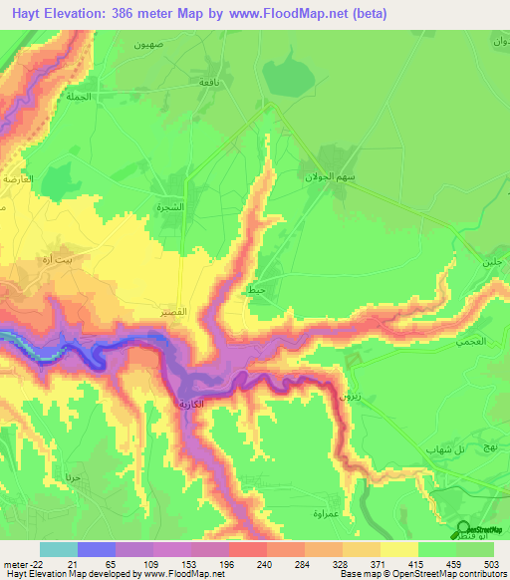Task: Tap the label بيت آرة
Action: tap(73, 257)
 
